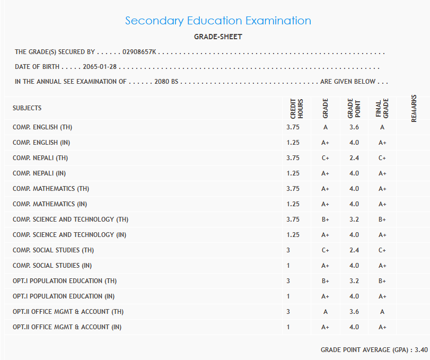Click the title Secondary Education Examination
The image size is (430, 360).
[x=218, y=21]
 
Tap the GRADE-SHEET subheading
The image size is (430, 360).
[x=218, y=37]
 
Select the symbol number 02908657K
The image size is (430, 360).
[x=139, y=52]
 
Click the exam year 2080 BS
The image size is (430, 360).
[x=166, y=82]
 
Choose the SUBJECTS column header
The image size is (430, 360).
[x=27, y=108]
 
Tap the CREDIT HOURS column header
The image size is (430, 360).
[x=296, y=108]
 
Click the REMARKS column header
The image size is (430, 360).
[x=414, y=108]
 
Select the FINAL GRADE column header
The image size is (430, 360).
[x=382, y=108]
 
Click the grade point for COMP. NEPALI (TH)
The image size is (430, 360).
[x=354, y=158]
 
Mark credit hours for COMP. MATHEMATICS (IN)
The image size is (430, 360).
[x=293, y=204]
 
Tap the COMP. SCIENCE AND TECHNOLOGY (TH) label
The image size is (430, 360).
[x=71, y=219]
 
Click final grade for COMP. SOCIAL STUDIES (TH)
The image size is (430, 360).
[x=382, y=250]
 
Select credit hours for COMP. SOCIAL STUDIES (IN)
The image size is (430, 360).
[x=288, y=266]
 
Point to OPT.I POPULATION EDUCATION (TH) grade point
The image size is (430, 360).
[x=354, y=281]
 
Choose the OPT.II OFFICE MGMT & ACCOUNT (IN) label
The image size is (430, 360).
[x=67, y=327]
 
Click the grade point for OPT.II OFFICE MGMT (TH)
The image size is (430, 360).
[x=354, y=312]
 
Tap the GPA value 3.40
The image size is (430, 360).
[x=421, y=350]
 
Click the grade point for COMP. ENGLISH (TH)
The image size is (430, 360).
[x=354, y=127]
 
